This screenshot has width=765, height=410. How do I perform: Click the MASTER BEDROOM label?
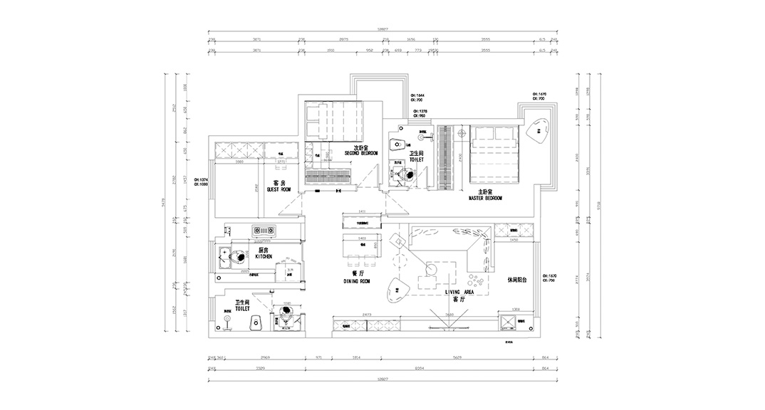click(x=486, y=199)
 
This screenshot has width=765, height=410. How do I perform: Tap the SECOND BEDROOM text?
click(x=360, y=153)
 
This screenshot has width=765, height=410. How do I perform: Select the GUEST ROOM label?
click(x=279, y=190)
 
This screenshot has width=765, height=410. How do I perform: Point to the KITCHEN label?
click(x=263, y=256)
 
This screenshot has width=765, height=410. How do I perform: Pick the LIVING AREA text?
click(x=459, y=292)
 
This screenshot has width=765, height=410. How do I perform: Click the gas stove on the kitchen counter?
click(x=264, y=230)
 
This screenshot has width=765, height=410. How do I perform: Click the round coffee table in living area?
click(x=432, y=269)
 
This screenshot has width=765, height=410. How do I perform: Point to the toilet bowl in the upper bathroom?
click(x=394, y=145)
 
